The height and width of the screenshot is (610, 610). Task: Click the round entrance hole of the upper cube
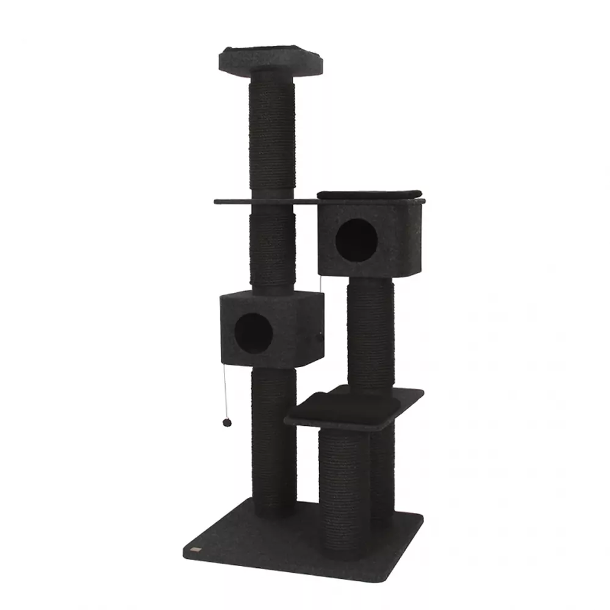tap(356, 240)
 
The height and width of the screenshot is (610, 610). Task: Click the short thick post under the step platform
tap(343, 488)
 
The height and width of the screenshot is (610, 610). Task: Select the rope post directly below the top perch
tap(272, 137)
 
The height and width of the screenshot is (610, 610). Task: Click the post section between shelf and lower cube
tap(273, 250)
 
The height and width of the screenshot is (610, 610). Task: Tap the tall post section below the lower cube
tap(274, 439)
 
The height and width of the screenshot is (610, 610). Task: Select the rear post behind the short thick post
tap(384, 476)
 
